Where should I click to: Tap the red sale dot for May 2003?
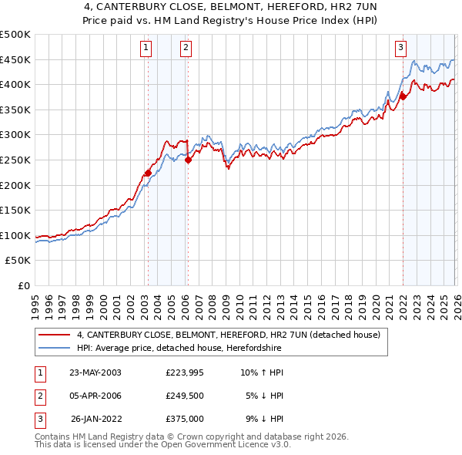(148, 173)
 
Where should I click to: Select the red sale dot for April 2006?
(188, 160)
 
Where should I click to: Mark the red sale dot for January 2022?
(402, 96)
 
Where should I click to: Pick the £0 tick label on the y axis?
(23, 285)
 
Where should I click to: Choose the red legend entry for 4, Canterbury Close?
(229, 335)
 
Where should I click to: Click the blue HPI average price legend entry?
(179, 349)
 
